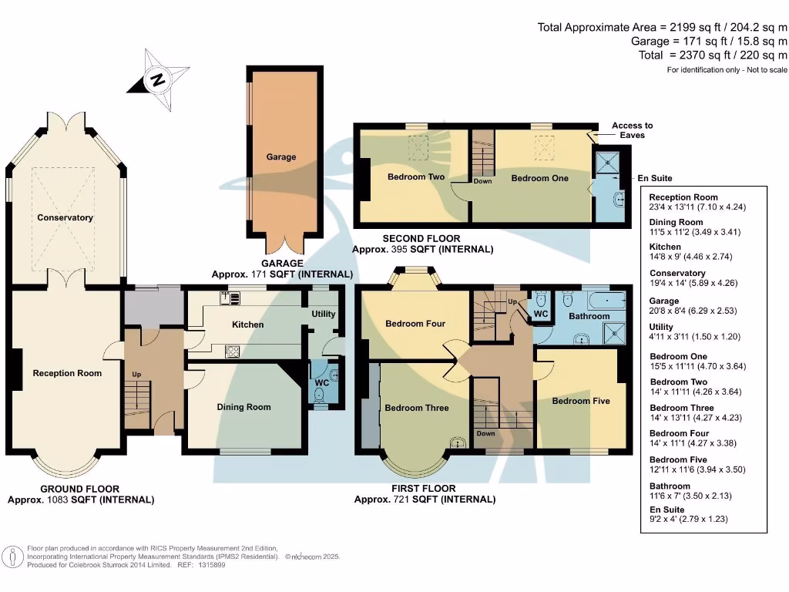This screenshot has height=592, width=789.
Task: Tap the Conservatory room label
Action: pyautogui.click(x=65, y=217)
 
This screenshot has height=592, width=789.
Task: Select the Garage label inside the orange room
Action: pyautogui.click(x=281, y=157)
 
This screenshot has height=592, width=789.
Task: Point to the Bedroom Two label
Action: pyautogui.click(x=416, y=177)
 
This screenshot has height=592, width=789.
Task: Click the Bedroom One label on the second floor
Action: pyautogui.click(x=540, y=178)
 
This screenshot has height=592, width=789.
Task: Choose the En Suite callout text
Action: pyautogui.click(x=655, y=178)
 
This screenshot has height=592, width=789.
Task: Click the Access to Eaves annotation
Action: pyautogui.click(x=632, y=130)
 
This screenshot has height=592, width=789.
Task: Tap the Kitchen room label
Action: pyautogui.click(x=248, y=325)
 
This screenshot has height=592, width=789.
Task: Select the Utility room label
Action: pyautogui.click(x=324, y=314)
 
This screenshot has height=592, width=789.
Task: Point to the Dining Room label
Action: pyautogui.click(x=244, y=407)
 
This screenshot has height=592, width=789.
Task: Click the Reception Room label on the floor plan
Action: pyautogui.click(x=67, y=373)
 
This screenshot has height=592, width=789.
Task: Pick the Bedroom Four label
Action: pyautogui.click(x=415, y=324)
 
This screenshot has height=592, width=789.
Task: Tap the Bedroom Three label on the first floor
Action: pyautogui.click(x=417, y=408)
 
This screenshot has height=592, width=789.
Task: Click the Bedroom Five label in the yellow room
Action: pyautogui.click(x=581, y=401)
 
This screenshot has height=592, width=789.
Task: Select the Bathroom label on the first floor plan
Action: pyautogui.click(x=589, y=316)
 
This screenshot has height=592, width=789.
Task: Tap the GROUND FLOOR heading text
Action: pyautogui.click(x=80, y=489)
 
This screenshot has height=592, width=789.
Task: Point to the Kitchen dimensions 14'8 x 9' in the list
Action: pyautogui.click(x=697, y=259)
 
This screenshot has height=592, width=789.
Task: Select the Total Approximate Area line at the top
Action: pyautogui.click(x=663, y=27)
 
